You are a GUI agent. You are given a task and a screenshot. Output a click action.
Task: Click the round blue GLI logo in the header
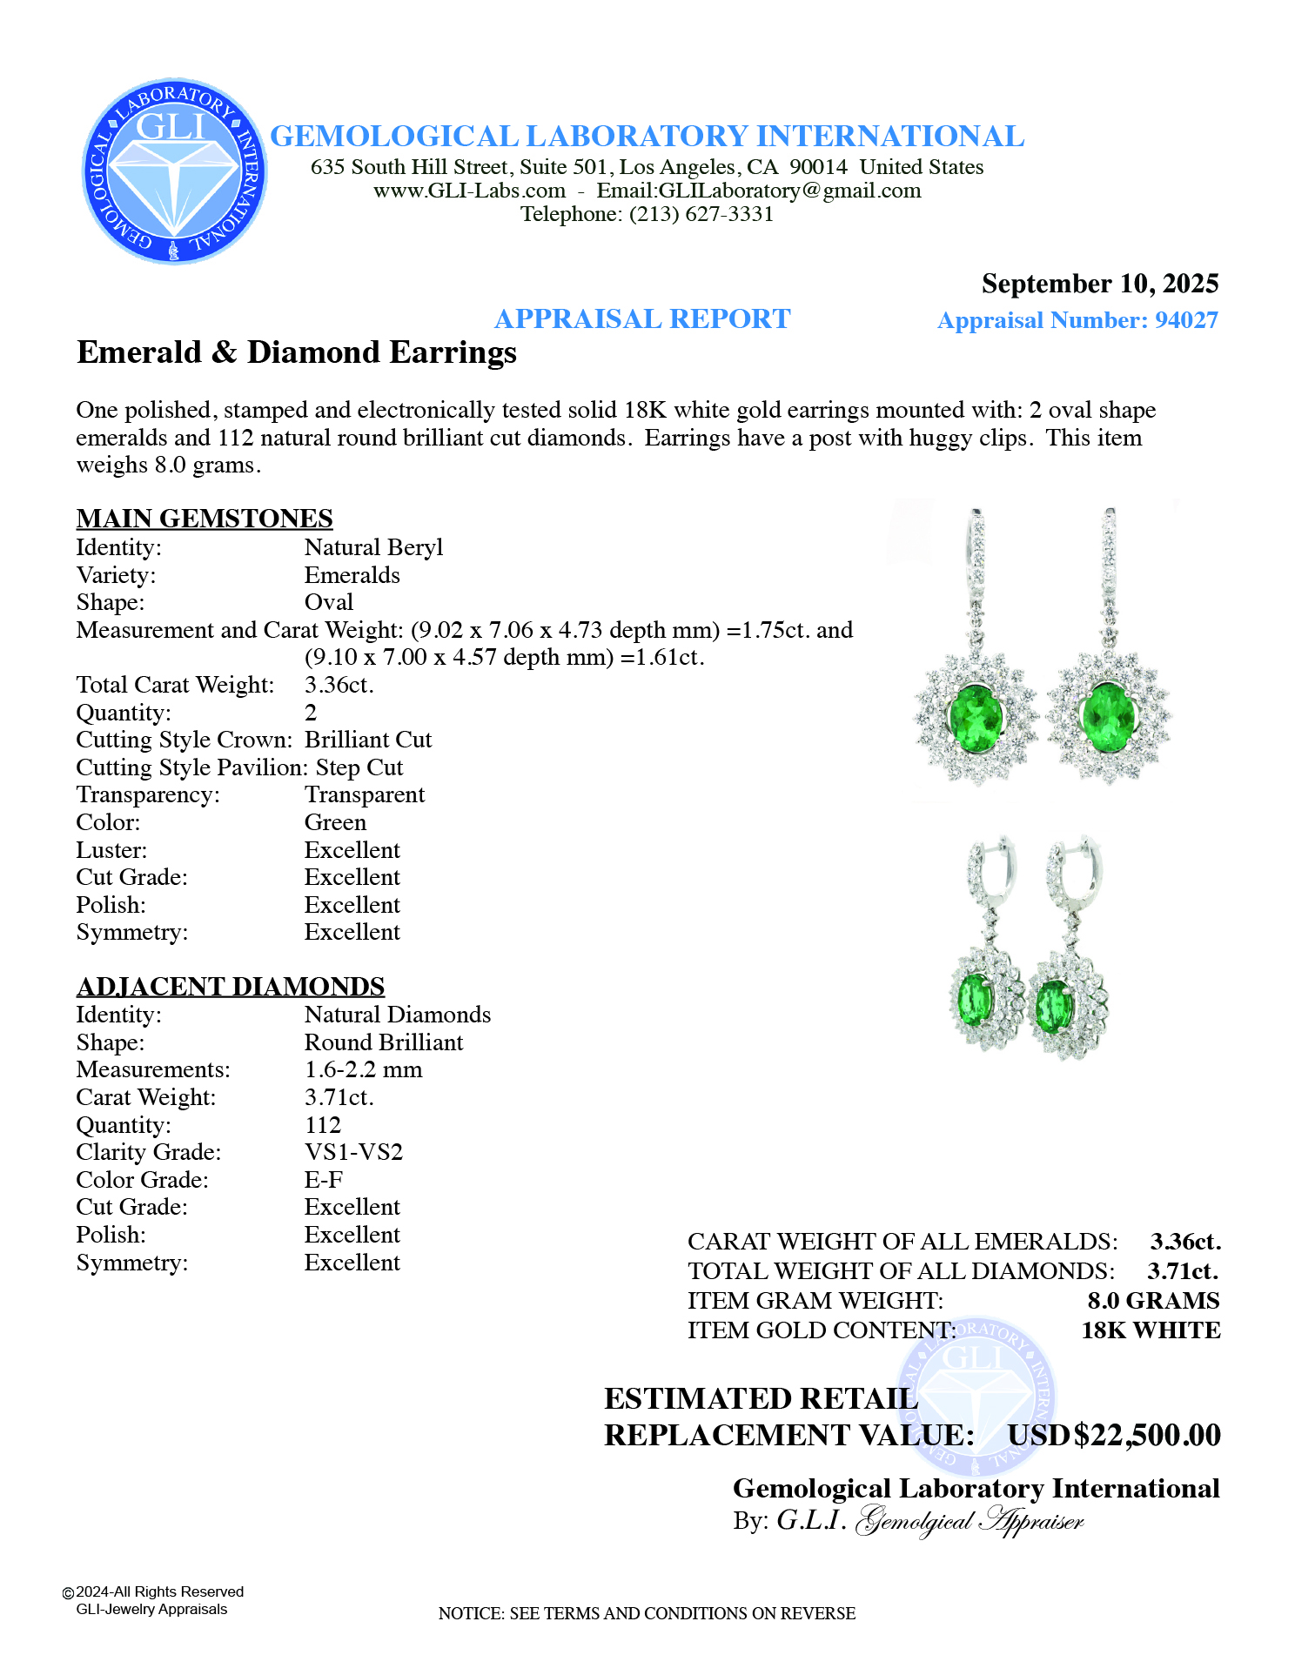(174, 171)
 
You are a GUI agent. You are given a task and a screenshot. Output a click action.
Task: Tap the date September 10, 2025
(1099, 284)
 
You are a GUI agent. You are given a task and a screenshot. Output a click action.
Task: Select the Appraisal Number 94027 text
(1077, 320)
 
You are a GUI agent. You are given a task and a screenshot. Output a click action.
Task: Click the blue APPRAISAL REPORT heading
(642, 319)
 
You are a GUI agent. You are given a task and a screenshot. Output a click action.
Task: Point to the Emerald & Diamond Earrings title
(297, 352)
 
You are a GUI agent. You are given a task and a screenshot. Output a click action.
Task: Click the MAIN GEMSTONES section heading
(205, 519)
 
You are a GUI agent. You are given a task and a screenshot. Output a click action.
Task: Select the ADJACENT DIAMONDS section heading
(231, 986)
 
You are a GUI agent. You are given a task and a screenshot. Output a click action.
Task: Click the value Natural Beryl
(373, 547)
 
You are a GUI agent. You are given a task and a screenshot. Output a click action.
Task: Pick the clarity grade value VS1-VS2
(353, 1152)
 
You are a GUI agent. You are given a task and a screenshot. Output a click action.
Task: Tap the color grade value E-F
(324, 1180)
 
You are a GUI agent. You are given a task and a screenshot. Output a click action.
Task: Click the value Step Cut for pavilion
(359, 767)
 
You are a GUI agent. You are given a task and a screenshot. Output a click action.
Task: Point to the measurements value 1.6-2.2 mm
(363, 1069)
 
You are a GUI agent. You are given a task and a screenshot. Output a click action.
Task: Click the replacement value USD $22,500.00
(1114, 1435)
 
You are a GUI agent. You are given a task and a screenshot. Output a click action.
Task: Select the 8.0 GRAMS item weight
(1153, 1301)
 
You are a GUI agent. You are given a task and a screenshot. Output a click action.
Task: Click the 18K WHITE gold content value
(1151, 1330)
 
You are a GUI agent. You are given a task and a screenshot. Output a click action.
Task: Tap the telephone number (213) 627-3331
(701, 214)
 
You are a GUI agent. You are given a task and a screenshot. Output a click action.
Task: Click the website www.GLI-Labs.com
(470, 191)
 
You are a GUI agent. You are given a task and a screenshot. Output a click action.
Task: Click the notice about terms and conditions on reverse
(647, 1613)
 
